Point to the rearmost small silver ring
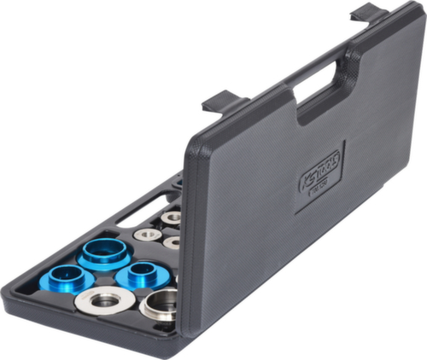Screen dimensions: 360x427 point(171,217)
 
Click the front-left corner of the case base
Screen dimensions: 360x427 point(12,294)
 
